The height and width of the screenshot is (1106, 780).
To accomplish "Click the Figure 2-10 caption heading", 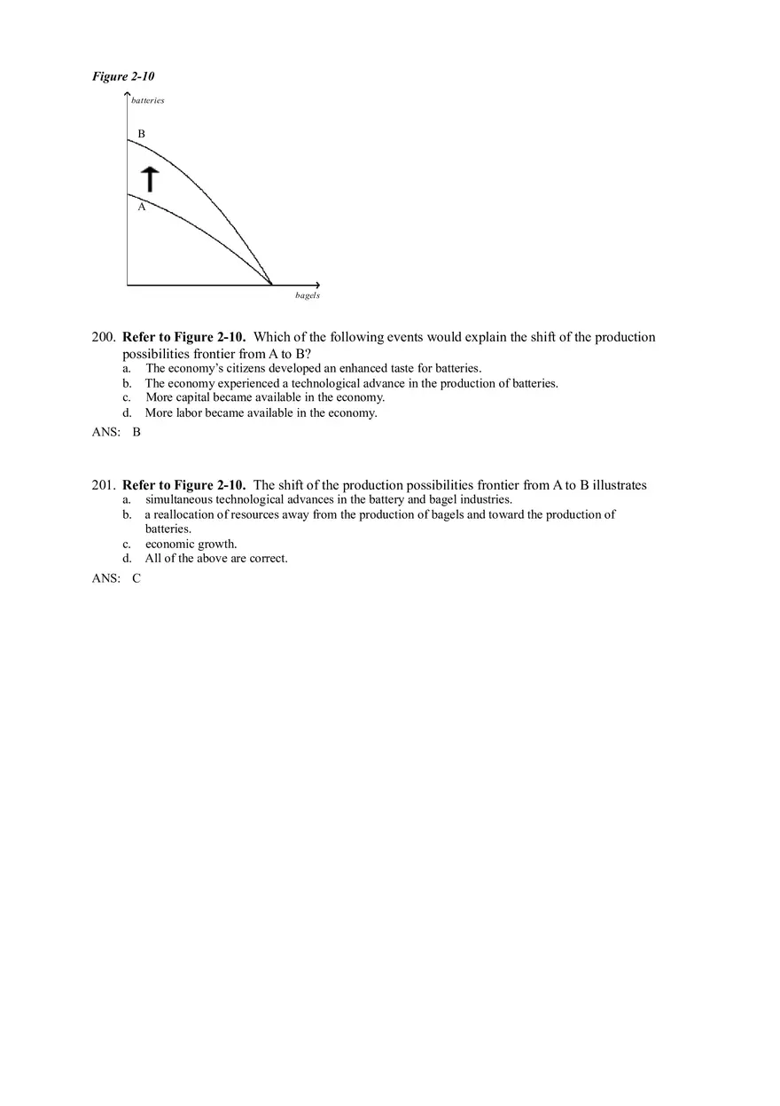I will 123,76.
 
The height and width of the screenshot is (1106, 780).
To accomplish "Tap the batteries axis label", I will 148,100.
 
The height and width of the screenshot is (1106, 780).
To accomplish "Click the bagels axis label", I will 308,295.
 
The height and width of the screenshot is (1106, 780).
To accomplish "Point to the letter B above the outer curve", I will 141,134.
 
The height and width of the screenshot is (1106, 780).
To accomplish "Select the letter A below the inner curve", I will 141,207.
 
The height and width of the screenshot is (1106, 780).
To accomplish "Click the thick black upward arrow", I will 151,178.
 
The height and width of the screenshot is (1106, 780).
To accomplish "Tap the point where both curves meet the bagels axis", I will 271,285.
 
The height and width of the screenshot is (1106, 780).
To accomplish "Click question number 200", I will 103,337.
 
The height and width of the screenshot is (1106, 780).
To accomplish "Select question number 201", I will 103,485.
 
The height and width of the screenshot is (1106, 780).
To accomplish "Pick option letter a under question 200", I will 127,368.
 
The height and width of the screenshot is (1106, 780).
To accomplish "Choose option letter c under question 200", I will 127,397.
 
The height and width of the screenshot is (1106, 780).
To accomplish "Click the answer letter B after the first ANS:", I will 136,433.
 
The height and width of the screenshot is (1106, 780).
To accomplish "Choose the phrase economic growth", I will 191,544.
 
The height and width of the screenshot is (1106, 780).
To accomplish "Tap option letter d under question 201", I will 127,559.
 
